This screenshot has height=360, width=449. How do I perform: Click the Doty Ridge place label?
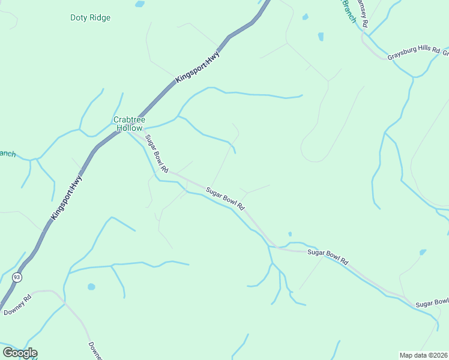[90, 18]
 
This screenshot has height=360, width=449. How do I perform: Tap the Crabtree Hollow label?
[129, 124]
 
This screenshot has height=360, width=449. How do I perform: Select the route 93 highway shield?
[17, 277]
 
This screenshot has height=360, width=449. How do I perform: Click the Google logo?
[20, 353]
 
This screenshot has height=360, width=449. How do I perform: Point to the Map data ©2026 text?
[423, 355]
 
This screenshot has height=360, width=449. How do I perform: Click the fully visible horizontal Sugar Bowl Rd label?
[328, 257]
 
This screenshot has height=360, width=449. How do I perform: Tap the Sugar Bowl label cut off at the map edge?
[432, 302]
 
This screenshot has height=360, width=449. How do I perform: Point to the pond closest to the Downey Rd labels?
[91, 287]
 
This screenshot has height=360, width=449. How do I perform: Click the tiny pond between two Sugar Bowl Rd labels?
[290, 234]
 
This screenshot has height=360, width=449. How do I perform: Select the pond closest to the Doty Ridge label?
[140, 4]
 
